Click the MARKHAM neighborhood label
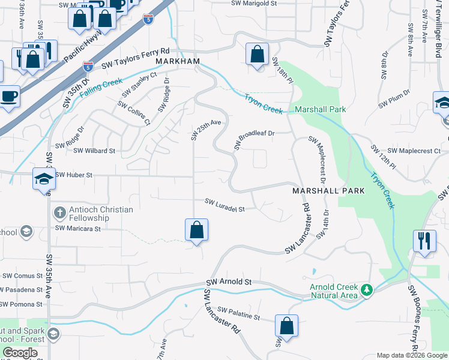pos(178,62)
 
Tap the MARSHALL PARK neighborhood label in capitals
pos(328,191)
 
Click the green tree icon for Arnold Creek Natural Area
pos(367,290)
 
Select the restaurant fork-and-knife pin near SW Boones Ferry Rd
pos(424,241)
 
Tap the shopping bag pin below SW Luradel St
pos(196,230)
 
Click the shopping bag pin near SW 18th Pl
pos(257,55)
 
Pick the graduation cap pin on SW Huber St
pos(44,179)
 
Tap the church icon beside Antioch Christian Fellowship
pos(59,212)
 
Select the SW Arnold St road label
pos(229,281)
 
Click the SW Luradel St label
pos(225,205)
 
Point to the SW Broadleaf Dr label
pos(253,140)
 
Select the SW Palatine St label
pos(239,313)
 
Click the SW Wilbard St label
pos(94,151)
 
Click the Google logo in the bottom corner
pos(20,353)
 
